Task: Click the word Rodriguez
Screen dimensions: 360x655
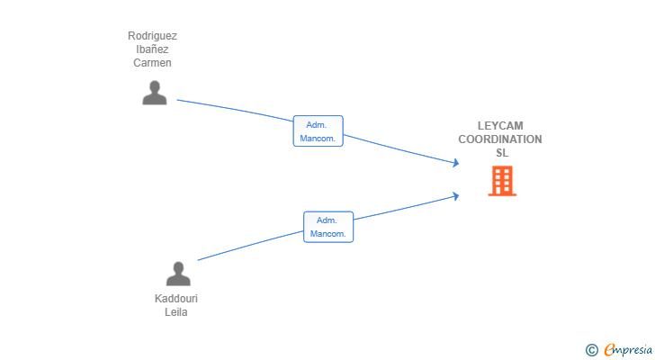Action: [152, 37]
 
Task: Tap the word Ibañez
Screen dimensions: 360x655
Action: [152, 50]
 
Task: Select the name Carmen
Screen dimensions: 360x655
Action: [152, 63]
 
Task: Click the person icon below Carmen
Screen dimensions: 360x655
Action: [155, 93]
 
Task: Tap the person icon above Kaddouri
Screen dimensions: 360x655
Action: [178, 274]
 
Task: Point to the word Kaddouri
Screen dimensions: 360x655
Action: [176, 299]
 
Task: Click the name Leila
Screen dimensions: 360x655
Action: [176, 312]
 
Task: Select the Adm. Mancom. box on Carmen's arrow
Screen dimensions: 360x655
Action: [319, 131]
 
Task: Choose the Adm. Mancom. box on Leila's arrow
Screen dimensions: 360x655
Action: [328, 227]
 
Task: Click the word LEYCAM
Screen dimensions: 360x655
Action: [500, 126]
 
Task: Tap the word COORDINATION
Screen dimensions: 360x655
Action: [500, 139]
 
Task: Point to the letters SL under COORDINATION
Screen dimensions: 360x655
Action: [501, 153]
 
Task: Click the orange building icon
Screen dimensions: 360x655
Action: [501, 181]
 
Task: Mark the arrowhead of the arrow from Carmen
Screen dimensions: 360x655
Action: [456, 163]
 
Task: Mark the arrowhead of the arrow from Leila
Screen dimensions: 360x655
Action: [456, 194]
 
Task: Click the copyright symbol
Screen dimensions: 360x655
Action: [591, 349]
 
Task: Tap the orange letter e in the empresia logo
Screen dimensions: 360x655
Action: [609, 349]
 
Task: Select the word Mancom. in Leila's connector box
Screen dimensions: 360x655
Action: [328, 234]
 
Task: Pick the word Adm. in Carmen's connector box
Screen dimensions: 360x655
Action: [317, 125]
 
